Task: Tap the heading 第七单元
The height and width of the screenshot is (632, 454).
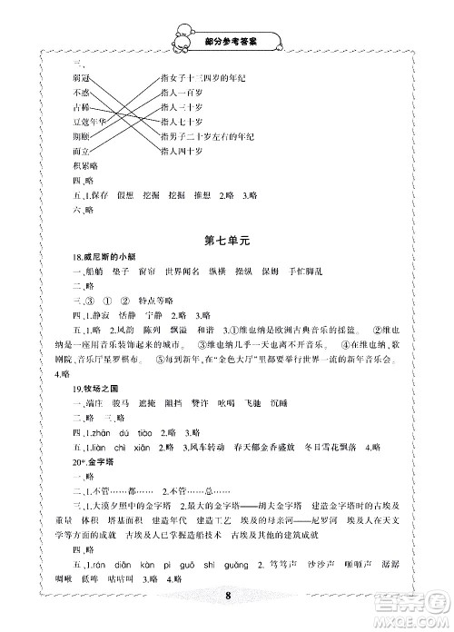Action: [x=226, y=239]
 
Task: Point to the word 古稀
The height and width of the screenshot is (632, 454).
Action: [x=78, y=106]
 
